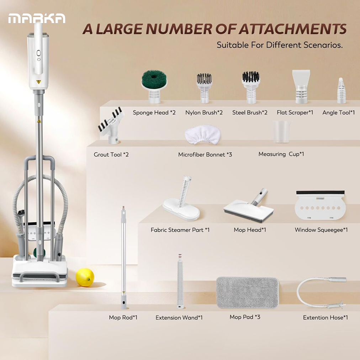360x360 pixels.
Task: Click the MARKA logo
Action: click(37, 18)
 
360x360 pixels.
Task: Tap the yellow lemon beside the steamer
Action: click(85, 277)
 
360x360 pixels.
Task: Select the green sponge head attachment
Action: click(154, 87)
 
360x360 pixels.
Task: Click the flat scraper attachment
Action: click(301, 86)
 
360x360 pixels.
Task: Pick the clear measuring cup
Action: click(281, 132)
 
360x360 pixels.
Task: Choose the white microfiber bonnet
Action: click(203, 134)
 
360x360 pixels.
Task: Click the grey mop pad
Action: click(248, 292)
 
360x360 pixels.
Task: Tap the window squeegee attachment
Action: click(320, 205)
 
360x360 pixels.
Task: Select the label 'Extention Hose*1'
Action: click(325, 318)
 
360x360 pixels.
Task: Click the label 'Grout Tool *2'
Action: click(111, 154)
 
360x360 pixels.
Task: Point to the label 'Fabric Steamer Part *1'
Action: click(180, 230)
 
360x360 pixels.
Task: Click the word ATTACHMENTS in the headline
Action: click(292, 29)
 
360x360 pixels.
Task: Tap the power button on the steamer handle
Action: click(38, 53)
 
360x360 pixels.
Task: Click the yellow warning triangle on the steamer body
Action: click(38, 82)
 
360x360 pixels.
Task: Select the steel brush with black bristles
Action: click(251, 87)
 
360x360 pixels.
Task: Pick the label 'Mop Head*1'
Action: click(250, 230)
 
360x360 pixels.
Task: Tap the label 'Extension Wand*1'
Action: click(179, 318)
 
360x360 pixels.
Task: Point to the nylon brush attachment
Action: click(204, 88)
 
